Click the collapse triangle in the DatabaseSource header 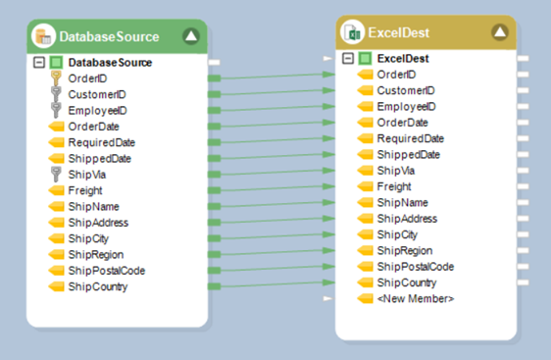click(191, 36)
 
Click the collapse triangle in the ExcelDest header click(500, 32)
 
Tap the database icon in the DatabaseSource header click(43, 36)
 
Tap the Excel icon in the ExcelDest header click(352, 32)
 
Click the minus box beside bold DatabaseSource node click(39, 63)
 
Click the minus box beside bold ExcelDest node click(348, 58)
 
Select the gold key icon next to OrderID click(56, 78)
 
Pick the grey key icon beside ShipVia click(56, 175)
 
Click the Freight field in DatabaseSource click(85, 190)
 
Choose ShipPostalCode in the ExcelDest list click(416, 267)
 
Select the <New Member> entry click(416, 299)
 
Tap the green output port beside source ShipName click(214, 206)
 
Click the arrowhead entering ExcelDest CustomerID click(328, 90)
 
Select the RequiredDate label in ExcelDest click(411, 138)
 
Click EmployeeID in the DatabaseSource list click(97, 111)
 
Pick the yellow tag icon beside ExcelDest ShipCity click(365, 234)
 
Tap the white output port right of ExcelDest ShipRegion click(523, 251)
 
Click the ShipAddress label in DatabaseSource click(98, 223)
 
